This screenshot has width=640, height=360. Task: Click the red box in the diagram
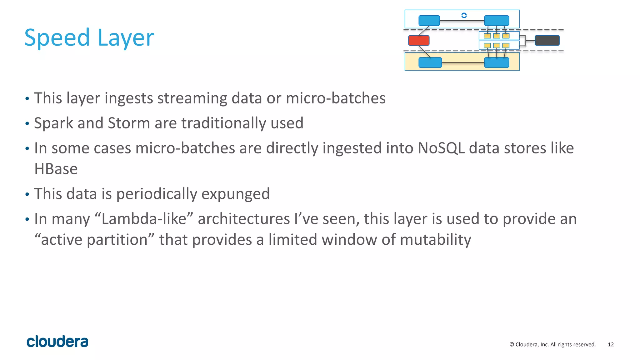pos(419,40)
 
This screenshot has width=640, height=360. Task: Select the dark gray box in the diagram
pos(547,40)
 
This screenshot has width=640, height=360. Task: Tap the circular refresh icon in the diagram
pos(464,15)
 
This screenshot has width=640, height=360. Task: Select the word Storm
pos(129,123)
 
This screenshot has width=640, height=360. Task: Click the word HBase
pos(56,169)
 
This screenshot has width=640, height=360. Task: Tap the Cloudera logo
pos(57,342)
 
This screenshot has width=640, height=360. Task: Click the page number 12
pos(611,344)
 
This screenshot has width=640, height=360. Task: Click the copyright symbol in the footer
pos(512,344)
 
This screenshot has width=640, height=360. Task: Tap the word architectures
pos(244,219)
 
